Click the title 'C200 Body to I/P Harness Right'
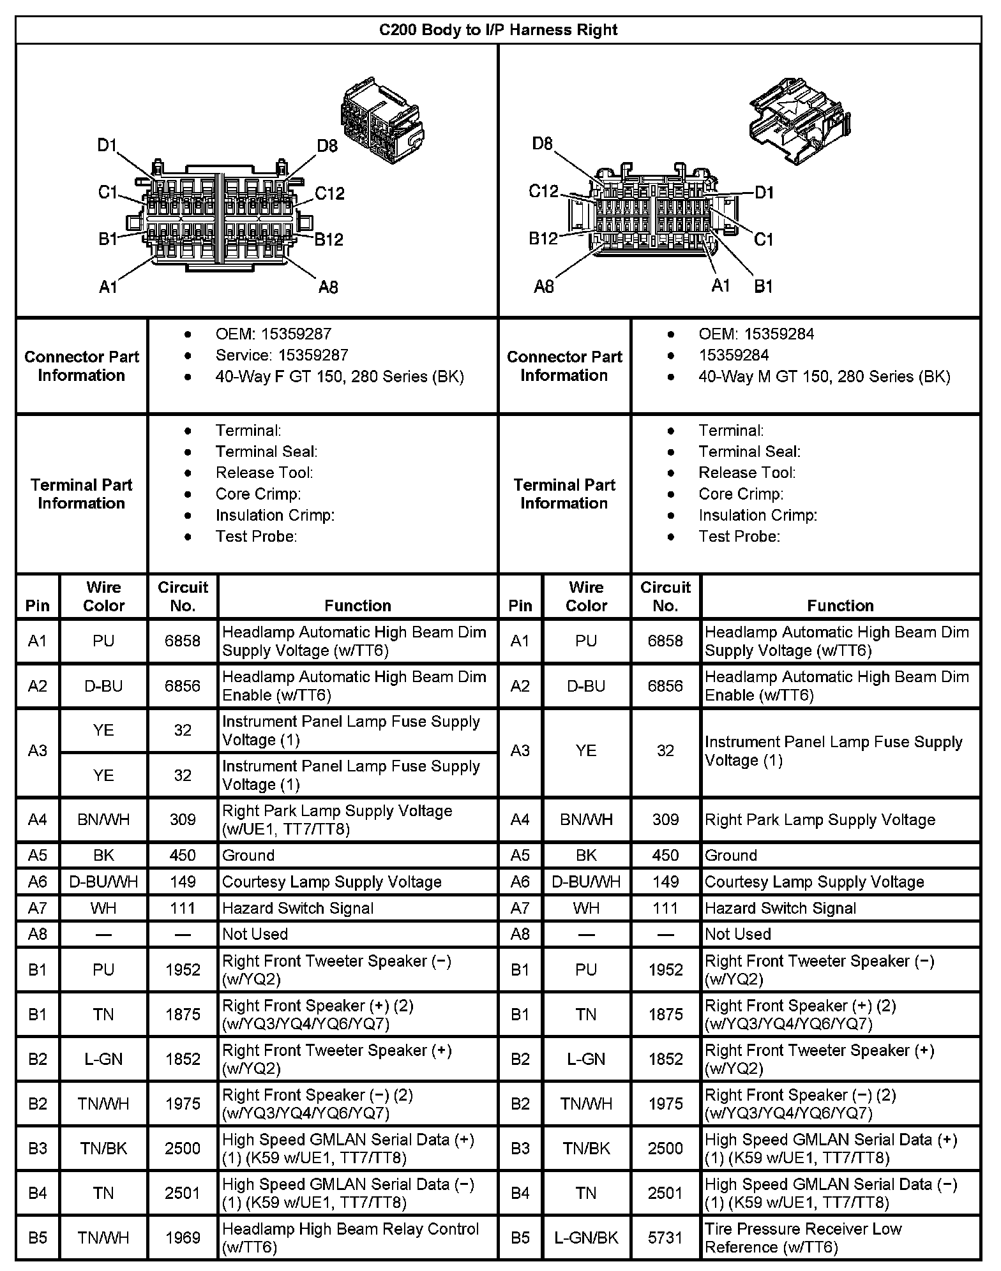pos(498,30)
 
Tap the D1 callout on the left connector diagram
pos(107,145)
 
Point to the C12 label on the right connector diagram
pos(543,191)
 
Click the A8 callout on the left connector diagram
pos(328,287)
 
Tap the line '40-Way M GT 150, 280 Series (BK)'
pos(824,376)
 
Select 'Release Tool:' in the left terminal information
pos(264,473)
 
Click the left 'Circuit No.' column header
pos(183,596)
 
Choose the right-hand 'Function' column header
pos(840,606)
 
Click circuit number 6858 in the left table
pos(183,641)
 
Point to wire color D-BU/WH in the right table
pos(586,882)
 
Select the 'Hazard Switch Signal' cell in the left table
pos(297,908)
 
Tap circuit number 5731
pos(665,1238)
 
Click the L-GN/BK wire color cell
pos(586,1238)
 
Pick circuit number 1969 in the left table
pos(183,1238)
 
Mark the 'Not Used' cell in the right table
pos(738,934)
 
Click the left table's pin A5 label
pos(38,855)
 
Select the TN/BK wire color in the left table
pos(103,1148)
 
